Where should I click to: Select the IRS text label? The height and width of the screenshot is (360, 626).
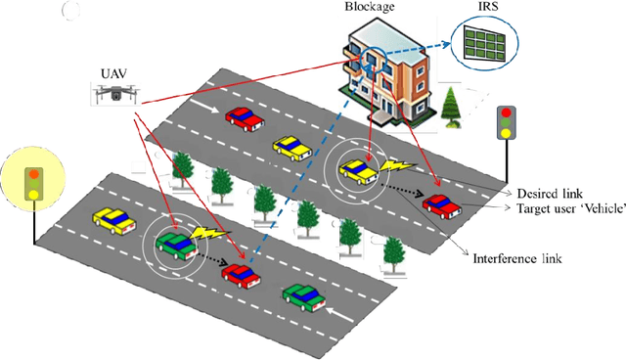[x=481, y=10]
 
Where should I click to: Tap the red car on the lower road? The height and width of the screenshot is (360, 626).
[x=241, y=275]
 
